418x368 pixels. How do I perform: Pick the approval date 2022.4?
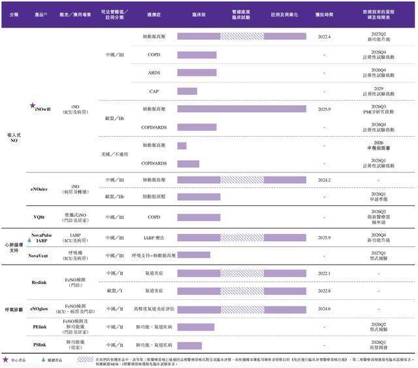coord(325,37)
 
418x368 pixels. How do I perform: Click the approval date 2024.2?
coord(325,179)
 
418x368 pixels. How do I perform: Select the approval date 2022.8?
coord(325,290)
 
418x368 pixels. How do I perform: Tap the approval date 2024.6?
coord(325,308)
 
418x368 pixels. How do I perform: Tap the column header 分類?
coord(14,14)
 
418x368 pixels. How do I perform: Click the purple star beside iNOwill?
coord(33,105)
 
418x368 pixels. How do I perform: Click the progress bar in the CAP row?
coord(187,91)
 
